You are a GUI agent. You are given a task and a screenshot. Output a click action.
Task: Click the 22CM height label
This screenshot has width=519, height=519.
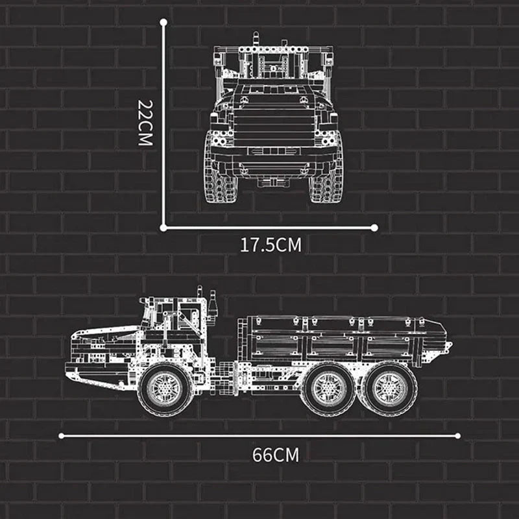(145, 123)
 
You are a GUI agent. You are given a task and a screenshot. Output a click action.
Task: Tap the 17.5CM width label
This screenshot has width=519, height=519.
(271, 245)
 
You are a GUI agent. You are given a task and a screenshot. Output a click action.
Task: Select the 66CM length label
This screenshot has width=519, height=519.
(276, 454)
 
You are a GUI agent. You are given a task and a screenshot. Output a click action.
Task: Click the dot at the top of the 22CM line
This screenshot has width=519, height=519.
(163, 22)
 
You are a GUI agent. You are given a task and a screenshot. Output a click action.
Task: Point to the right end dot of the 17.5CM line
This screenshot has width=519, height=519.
(375, 227)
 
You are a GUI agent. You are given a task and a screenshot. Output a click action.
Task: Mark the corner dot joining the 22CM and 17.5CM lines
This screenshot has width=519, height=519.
(163, 227)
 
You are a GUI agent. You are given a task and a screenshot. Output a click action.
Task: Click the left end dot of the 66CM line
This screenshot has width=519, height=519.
(60, 436)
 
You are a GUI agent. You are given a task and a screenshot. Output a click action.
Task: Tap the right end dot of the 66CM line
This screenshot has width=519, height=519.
(458, 436)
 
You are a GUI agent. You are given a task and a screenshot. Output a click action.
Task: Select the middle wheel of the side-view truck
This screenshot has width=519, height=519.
(328, 387)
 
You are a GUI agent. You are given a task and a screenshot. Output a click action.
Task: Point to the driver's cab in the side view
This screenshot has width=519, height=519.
(175, 324)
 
